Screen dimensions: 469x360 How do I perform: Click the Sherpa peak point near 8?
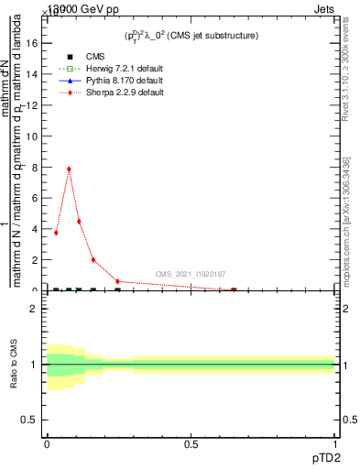coord(69,169)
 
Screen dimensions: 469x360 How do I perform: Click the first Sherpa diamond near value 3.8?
coord(56,233)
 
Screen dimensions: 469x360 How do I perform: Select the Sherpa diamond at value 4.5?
coord(79,221)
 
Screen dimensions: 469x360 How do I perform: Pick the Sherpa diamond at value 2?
coord(93,260)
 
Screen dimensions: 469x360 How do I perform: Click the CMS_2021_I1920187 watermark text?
coord(191,274)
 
